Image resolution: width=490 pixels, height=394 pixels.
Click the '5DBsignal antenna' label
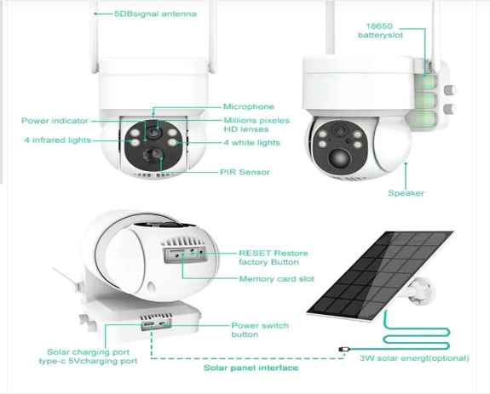click(x=155, y=14)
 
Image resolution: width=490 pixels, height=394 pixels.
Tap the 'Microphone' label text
click(x=249, y=106)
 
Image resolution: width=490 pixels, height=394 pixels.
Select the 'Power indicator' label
click(x=55, y=121)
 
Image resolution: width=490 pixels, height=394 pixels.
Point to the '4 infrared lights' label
click(x=57, y=140)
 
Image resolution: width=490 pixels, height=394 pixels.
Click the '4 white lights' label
click(x=252, y=143)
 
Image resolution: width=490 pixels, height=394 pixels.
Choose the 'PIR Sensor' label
click(x=245, y=172)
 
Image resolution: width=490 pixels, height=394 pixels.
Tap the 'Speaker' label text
click(x=406, y=193)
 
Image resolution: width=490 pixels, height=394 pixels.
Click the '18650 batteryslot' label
click(x=380, y=31)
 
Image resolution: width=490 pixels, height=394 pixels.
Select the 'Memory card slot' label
click(x=277, y=279)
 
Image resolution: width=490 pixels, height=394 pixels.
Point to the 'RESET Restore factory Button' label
click(x=274, y=258)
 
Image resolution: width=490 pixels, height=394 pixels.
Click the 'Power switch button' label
click(x=260, y=330)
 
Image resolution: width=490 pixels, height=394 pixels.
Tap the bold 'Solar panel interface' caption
click(x=251, y=368)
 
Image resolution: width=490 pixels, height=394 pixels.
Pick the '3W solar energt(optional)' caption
click(x=414, y=358)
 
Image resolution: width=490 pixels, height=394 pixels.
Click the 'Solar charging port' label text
click(x=88, y=352)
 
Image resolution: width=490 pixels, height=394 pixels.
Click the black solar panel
click(x=380, y=275)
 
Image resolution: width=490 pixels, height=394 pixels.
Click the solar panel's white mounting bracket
click(x=419, y=291)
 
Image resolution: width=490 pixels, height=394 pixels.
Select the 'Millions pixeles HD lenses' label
click(x=257, y=125)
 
